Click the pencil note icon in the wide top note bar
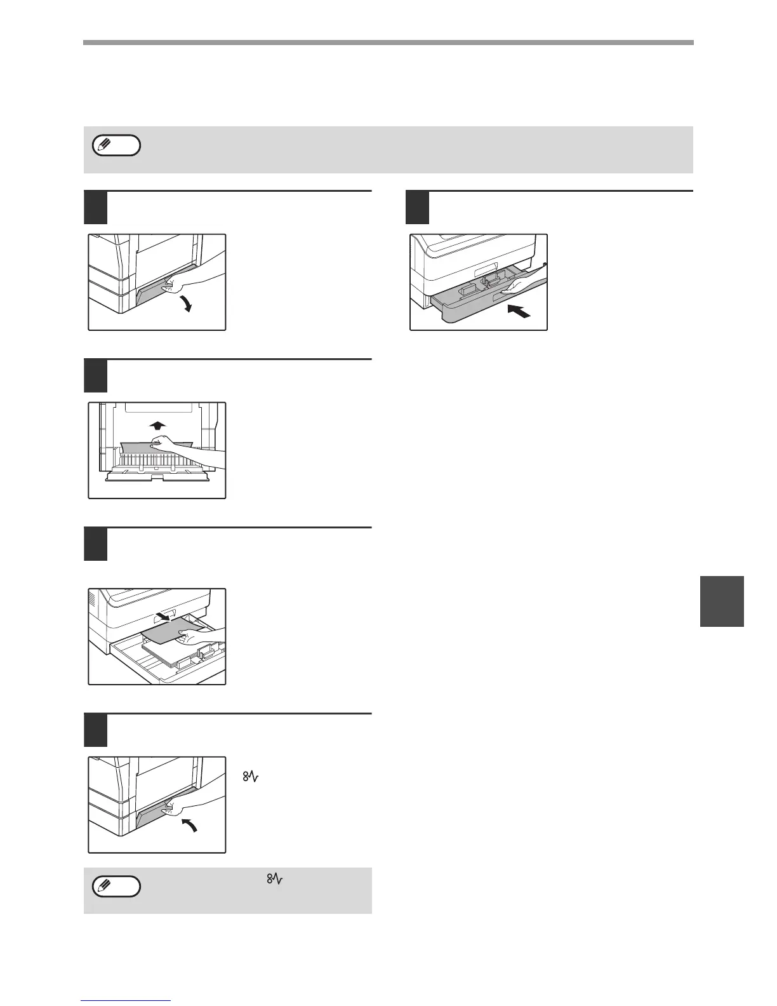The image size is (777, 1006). click(x=116, y=146)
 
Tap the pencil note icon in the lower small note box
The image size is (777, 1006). click(x=116, y=887)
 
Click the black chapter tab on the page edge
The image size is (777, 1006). click(x=722, y=601)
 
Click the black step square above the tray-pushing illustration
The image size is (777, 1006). click(x=417, y=208)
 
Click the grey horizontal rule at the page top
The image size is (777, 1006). click(x=388, y=43)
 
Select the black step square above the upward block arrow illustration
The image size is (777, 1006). click(x=95, y=376)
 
